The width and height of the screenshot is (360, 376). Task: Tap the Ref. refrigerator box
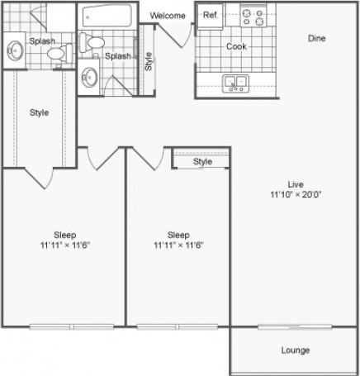tap(210, 16)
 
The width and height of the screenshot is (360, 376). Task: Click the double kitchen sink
tap(236, 82)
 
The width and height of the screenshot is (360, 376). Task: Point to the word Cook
tap(236, 46)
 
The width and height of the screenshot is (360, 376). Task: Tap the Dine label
tap(316, 38)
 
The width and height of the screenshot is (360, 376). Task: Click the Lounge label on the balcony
tap(295, 350)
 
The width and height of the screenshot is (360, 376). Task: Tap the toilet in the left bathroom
tap(56, 54)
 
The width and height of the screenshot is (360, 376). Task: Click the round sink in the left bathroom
tap(14, 50)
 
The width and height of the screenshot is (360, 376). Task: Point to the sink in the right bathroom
tap(92, 78)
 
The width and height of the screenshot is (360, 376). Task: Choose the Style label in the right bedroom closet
tap(202, 161)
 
